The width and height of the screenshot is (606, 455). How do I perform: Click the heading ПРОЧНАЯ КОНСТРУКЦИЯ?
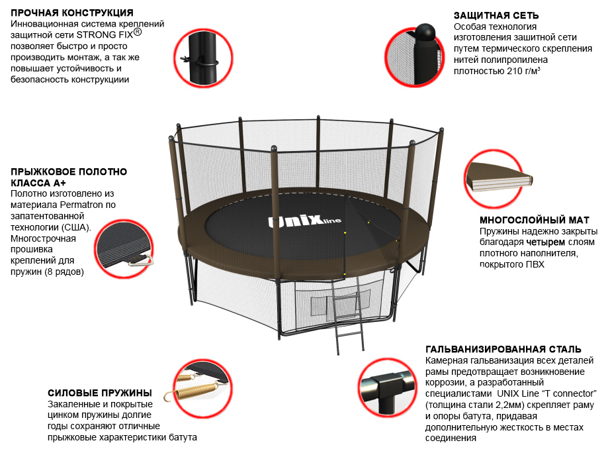72,13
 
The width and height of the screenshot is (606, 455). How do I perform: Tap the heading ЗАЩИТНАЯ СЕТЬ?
496,15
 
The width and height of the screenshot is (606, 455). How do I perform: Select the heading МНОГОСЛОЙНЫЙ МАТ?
534,220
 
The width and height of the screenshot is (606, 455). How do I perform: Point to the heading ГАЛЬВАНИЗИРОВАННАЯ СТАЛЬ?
503,349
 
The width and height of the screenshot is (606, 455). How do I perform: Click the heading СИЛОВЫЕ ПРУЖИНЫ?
100,393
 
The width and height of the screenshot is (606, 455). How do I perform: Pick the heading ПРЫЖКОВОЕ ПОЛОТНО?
69,172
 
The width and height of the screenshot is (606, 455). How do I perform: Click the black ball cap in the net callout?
424,31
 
